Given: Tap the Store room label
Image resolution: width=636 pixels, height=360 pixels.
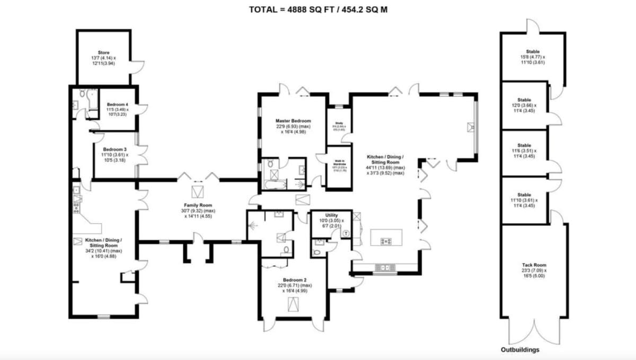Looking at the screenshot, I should pos(103,52).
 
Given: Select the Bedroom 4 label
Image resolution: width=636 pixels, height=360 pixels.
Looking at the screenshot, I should pos(118,104).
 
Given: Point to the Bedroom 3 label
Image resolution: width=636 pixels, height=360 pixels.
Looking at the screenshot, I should pos(115,149).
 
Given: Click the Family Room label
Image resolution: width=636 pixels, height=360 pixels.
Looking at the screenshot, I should pos(198,205).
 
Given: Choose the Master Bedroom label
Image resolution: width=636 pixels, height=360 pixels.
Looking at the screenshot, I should pos(293,121).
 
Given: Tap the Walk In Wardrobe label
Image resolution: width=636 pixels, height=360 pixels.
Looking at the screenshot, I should pos(339,162).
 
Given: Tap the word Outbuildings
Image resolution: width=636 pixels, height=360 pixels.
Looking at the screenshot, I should pos(520,350).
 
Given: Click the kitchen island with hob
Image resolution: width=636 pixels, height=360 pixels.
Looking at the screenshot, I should pos(386,236).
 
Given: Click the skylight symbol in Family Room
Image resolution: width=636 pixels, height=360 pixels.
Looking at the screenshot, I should pos(198,190).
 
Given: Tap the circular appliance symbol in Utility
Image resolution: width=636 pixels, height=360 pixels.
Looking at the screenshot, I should pos(347,232).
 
